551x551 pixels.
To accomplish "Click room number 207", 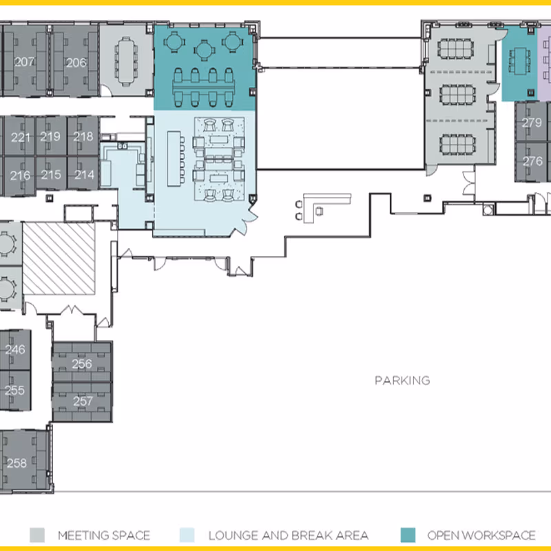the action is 24,62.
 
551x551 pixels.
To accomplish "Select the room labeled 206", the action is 76,63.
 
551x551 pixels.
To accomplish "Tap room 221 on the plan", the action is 21,137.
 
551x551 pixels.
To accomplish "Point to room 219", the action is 50,136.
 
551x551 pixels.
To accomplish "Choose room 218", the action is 83,136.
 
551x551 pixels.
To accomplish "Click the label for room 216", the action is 20,176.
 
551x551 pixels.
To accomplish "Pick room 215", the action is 51,175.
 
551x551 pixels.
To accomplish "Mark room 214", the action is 84,175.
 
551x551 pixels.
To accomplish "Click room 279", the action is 531,123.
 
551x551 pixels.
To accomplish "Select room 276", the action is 532,161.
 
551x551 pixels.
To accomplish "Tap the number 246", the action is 14,349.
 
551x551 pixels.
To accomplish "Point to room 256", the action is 82,364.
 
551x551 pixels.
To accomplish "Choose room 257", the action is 83,401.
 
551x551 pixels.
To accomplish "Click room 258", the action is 17,463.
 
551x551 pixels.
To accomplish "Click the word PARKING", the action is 402,381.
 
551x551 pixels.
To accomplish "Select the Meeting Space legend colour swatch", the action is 37,535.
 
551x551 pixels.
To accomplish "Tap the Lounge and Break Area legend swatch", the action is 187,535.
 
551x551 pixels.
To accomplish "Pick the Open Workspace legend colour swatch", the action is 408,535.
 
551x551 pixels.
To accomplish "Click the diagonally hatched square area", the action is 59,258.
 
